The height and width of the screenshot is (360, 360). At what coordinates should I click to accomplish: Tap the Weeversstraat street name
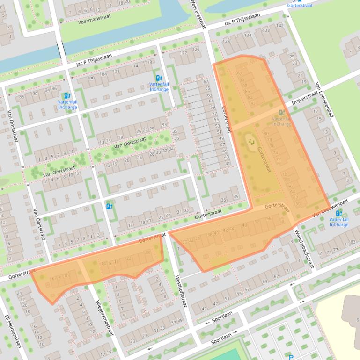pyautogui.click(x=198, y=14)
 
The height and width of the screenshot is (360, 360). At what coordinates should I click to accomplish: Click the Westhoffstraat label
pyautogui.click(x=181, y=290)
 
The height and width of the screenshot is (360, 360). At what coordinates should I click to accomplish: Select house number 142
pyautogui.click(x=279, y=26)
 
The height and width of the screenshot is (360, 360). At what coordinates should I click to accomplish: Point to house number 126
pyautogui.click(x=196, y=50)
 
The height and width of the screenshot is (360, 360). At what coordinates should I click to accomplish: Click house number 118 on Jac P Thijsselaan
pyautogui.click(x=148, y=62)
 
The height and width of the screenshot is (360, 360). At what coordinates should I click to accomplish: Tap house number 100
pyautogui.click(x=91, y=78)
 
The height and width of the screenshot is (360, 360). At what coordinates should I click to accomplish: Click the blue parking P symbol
pyautogui.click(x=291, y=358)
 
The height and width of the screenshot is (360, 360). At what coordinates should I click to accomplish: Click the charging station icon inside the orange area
pyautogui.click(x=281, y=113)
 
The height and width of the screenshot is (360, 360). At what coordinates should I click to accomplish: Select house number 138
pyautogui.click(x=266, y=30)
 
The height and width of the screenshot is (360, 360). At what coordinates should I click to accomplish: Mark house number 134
pyautogui.click(x=247, y=36)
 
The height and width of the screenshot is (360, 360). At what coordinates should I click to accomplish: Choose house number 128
pyautogui.click(x=227, y=41)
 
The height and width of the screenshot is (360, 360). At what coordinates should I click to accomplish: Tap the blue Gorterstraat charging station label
pyautogui.click(x=300, y=5)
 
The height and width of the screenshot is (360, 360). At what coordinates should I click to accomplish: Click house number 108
pyautogui.click(x=116, y=71)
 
